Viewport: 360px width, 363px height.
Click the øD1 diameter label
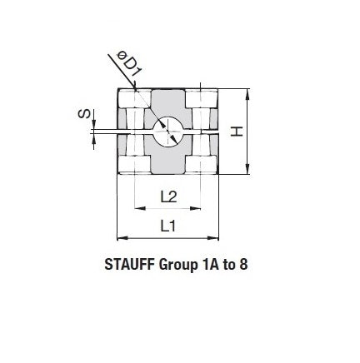coord(129,64)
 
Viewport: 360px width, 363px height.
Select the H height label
coord(237,132)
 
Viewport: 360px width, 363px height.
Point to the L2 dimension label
coord(168,196)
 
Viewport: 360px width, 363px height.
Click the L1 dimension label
coord(167,226)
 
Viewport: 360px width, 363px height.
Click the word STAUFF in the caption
coord(129,265)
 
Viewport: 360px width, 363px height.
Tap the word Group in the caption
coord(177,266)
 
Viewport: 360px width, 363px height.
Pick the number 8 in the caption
coord(243,265)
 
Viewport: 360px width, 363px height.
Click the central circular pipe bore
coord(167,131)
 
